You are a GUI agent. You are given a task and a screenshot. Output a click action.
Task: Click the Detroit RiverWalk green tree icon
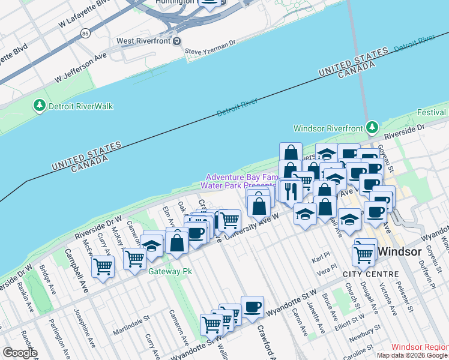point(40,106)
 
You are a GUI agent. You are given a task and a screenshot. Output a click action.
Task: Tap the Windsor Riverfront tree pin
point(372,128)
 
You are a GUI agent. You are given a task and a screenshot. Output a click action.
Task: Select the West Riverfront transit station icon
point(177,41)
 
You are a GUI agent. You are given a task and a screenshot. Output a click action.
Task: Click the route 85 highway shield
point(86,34)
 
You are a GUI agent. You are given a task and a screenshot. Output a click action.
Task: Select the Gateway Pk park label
point(170,271)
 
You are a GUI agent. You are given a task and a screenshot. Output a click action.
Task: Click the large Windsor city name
point(400,252)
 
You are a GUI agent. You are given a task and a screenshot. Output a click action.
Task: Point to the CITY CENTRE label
point(370,274)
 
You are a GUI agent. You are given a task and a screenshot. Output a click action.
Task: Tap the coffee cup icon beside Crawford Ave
point(252,307)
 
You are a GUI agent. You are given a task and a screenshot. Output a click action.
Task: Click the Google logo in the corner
point(19,353)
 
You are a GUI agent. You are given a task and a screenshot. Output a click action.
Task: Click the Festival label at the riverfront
point(432,112)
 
